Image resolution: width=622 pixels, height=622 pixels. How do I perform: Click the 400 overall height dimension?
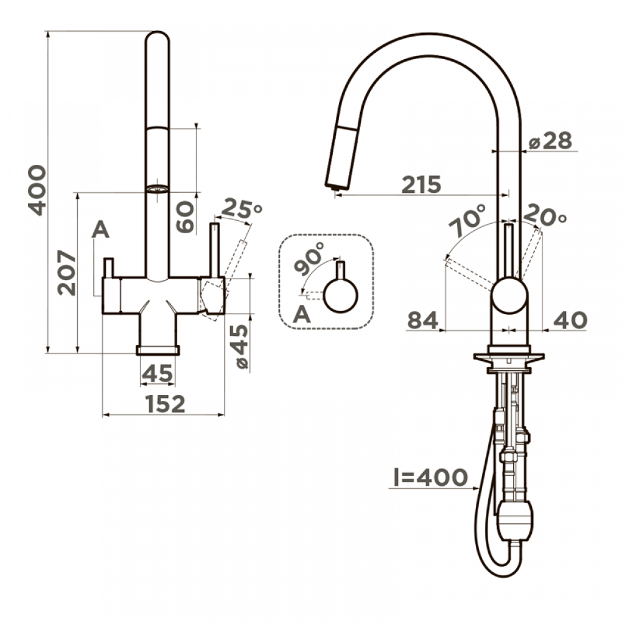(37, 190)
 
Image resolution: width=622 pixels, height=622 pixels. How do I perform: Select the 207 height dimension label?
(67, 272)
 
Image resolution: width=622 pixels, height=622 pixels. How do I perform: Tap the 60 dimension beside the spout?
(185, 217)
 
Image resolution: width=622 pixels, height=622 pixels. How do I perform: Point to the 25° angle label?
(241, 208)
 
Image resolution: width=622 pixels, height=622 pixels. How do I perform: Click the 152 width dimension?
(165, 404)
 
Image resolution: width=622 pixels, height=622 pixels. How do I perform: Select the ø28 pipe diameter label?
(550, 141)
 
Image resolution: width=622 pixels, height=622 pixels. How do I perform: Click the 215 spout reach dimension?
(421, 184)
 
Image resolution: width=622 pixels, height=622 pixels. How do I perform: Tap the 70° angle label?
(467, 221)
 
